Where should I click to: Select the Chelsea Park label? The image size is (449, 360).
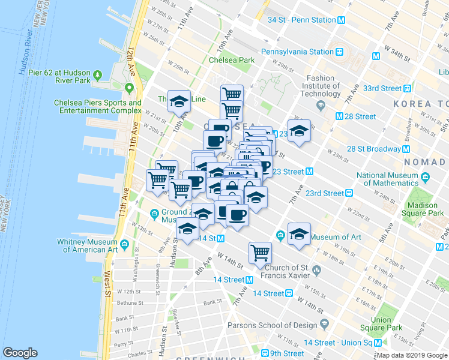[232, 60]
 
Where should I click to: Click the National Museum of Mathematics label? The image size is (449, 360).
[387, 179]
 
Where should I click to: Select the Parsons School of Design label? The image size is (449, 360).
[272, 325]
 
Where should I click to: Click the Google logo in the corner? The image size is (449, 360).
[20, 352]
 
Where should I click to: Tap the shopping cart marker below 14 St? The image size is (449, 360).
[260, 252]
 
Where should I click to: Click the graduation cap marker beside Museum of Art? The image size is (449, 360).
[298, 235]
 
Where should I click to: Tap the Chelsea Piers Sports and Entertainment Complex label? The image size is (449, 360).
[97, 106]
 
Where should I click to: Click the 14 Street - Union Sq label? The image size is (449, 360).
[339, 343]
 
